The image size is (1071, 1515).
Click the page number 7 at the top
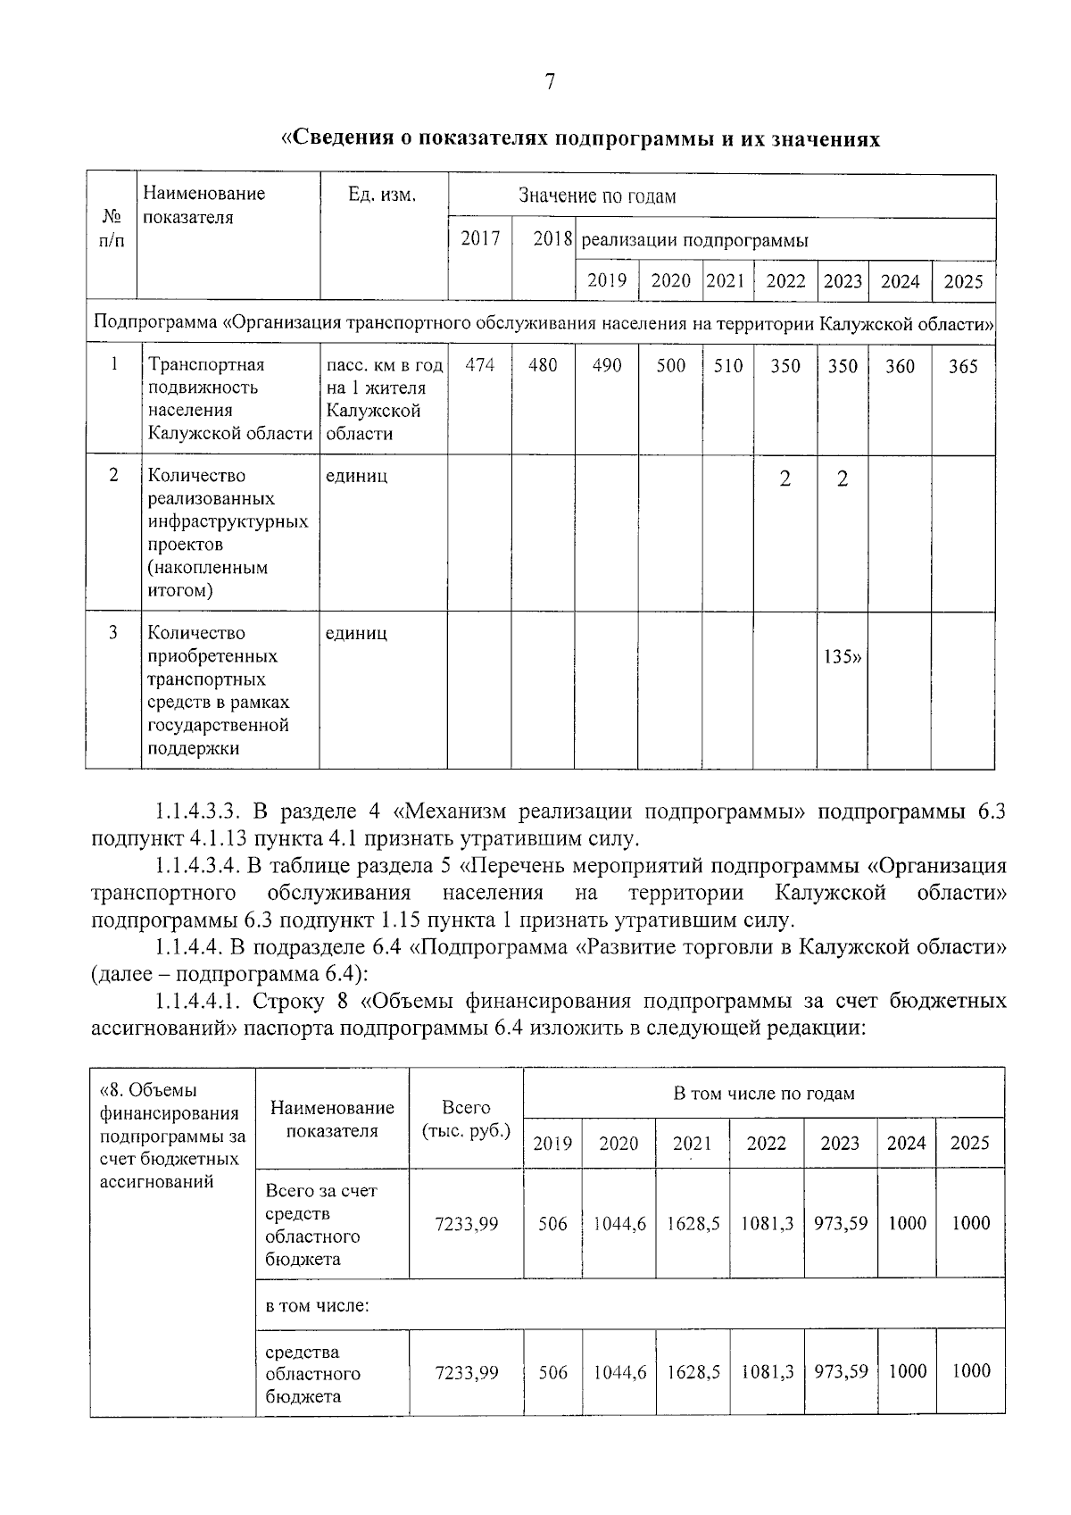click(550, 82)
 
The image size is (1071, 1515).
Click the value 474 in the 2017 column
click(480, 365)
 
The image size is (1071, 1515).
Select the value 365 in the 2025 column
click(963, 367)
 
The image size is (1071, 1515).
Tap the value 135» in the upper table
click(843, 659)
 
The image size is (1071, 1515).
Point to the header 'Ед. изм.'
click(383, 195)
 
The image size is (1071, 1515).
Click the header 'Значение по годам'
click(597, 196)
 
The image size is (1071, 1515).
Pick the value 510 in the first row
click(728, 366)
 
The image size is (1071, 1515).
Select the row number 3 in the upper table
click(113, 633)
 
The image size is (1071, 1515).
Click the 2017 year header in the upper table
click(480, 238)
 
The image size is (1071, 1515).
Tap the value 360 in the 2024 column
click(900, 367)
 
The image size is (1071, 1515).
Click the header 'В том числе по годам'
click(763, 1094)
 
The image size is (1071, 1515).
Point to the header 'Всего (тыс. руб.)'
click(466, 1119)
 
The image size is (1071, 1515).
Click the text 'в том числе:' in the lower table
click(318, 1305)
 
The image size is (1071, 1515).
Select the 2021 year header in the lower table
click(692, 1144)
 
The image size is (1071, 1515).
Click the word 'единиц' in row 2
click(356, 476)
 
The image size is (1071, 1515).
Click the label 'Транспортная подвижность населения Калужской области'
click(229, 399)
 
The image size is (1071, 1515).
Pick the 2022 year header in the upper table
click(785, 281)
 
